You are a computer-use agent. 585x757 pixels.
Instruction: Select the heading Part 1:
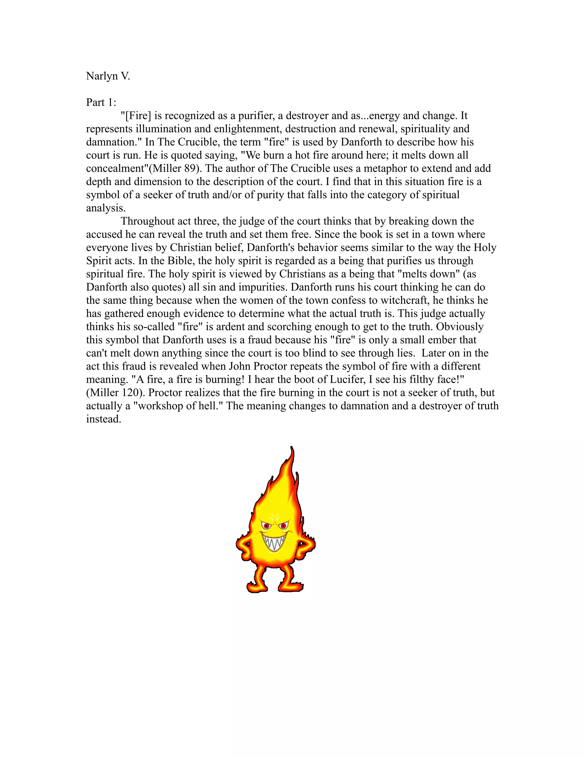pyautogui.click(x=101, y=103)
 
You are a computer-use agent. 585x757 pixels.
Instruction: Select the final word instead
pyautogui.click(x=103, y=419)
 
